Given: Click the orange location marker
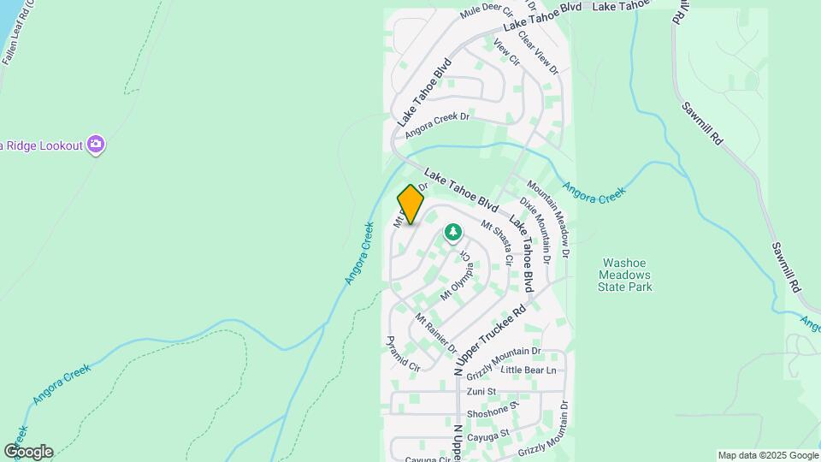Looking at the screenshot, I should (x=411, y=204).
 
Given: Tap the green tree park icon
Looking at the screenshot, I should (x=452, y=232).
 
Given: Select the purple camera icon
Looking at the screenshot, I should (x=97, y=145).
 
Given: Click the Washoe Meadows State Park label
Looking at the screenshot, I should (x=627, y=275).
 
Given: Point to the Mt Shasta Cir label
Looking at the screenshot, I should (x=497, y=242).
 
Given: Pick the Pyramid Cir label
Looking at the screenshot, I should (x=404, y=353).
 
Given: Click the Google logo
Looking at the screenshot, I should (x=28, y=452).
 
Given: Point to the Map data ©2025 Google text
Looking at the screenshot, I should (x=768, y=455).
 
